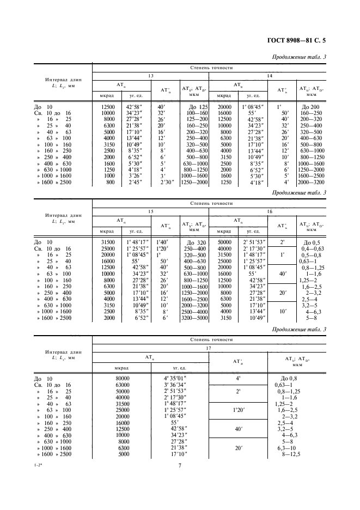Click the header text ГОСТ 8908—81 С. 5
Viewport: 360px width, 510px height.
312,40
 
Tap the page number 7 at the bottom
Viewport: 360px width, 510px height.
179,465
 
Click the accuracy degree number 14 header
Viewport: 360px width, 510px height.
268,76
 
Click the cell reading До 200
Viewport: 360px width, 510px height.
313,107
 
